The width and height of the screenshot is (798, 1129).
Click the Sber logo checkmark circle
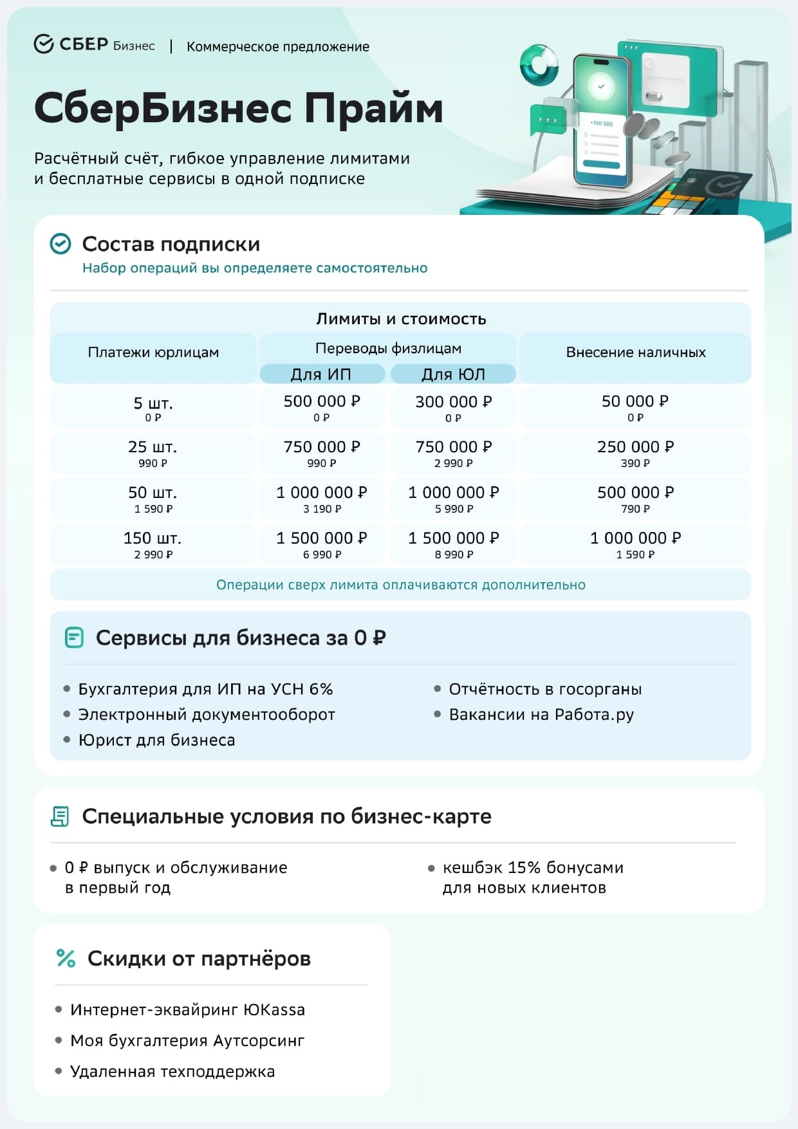click(43, 44)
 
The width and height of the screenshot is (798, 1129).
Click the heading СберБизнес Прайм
click(238, 107)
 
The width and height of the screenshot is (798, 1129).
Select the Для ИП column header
click(322, 374)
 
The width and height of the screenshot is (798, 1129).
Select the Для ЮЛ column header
click(453, 374)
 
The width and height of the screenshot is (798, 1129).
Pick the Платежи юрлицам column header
click(153, 353)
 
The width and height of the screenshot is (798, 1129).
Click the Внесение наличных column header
click(635, 353)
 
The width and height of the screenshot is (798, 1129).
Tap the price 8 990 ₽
click(453, 555)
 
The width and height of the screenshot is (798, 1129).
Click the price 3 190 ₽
click(322, 509)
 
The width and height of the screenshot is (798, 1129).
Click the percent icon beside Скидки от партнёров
click(66, 959)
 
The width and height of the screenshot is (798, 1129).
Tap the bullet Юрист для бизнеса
click(156, 740)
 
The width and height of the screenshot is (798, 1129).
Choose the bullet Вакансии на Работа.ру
click(541, 715)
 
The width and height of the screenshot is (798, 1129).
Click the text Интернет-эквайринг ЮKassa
click(187, 1010)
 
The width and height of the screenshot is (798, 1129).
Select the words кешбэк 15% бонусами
click(533, 868)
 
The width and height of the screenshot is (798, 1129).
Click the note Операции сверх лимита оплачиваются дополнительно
click(400, 585)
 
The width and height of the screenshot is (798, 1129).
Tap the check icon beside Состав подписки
click(60, 244)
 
